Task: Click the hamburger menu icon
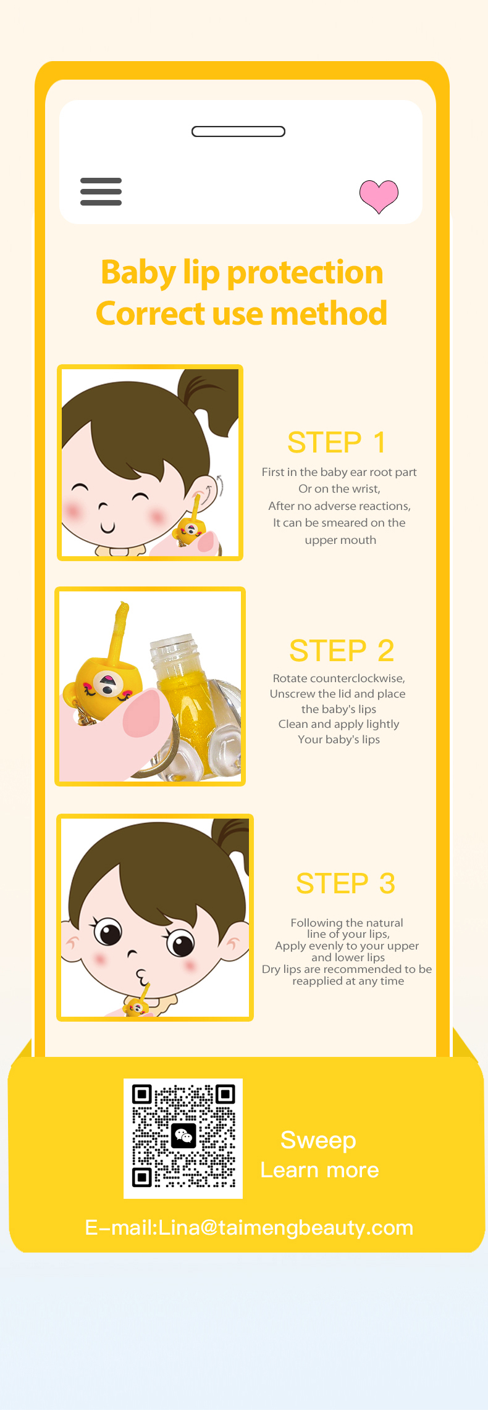[101, 191]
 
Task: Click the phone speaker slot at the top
[238, 131]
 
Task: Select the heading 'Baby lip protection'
[242, 272]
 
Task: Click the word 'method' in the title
[329, 314]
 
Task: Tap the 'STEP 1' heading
[337, 442]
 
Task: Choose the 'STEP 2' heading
[342, 650]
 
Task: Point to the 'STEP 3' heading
[345, 883]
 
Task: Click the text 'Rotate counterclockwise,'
[339, 678]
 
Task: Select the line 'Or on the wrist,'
[339, 489]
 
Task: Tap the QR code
[183, 1138]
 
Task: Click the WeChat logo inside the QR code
[183, 1136]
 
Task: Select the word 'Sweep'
[318, 1140]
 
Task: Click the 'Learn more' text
[319, 1170]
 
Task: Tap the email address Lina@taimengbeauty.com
[285, 1228]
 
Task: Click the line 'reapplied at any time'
[348, 981]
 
